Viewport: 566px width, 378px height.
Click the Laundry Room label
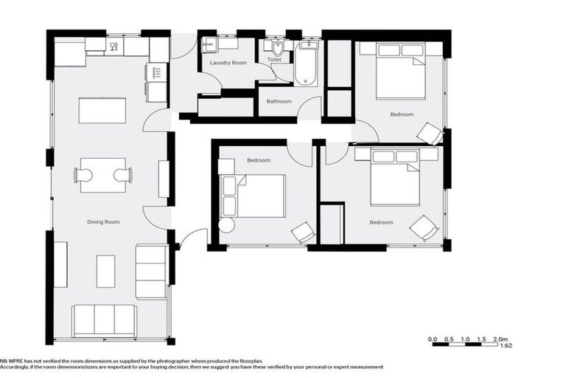[x=228, y=63]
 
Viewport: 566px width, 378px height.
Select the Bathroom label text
[x=279, y=101]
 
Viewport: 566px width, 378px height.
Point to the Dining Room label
[x=102, y=221]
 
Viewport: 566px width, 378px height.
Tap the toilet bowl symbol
[x=277, y=49]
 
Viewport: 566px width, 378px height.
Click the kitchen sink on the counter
[x=114, y=47]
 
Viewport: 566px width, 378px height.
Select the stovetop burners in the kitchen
[x=156, y=72]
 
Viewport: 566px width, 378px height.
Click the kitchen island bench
[x=102, y=110]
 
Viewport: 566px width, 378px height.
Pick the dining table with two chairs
[x=103, y=175]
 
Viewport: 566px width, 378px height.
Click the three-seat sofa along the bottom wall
[x=104, y=319]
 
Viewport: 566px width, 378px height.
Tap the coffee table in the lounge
[x=106, y=271]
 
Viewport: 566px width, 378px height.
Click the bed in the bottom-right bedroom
[x=394, y=179]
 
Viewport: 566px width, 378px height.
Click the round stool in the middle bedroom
[x=226, y=226]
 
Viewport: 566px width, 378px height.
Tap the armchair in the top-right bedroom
[x=429, y=134]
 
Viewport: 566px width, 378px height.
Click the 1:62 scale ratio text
[x=506, y=346]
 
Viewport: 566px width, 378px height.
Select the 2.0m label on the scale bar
[x=501, y=339]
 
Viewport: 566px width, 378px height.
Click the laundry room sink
[x=209, y=44]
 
